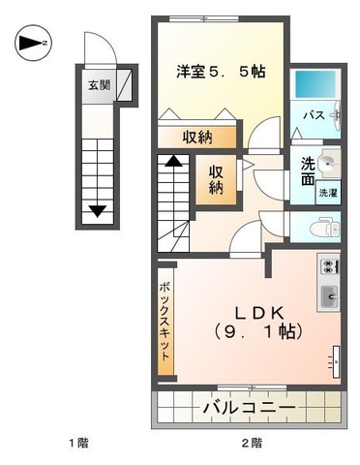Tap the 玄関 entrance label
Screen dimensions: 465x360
[x=100, y=85]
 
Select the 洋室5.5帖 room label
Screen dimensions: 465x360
[x=221, y=72]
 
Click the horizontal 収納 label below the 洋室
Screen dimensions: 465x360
[x=196, y=137]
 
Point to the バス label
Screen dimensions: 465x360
[x=314, y=115]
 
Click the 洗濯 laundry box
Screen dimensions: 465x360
[x=329, y=192]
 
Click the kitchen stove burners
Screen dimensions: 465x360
[x=328, y=265]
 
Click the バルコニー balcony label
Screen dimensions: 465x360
[x=248, y=408]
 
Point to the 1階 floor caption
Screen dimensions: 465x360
[x=78, y=444]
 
